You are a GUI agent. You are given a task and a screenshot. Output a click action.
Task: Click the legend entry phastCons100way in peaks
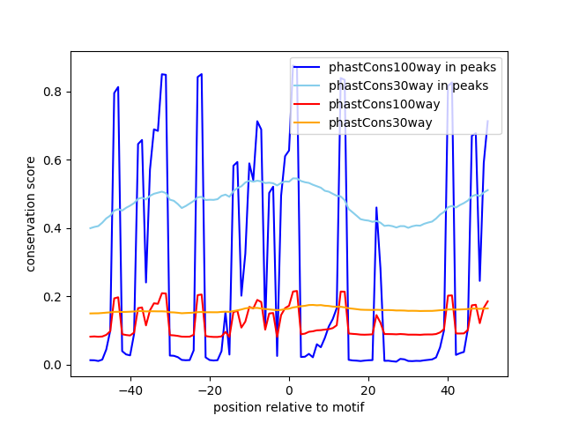click(412, 67)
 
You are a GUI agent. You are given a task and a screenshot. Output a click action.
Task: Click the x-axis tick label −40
click(130, 390)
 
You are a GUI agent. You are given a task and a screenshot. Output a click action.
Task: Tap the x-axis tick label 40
click(448, 390)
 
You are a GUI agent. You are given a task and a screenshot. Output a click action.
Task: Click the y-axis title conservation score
click(31, 214)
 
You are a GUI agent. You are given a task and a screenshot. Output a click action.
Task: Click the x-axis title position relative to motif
click(288, 407)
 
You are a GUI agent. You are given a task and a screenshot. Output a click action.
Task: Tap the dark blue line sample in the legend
click(310, 67)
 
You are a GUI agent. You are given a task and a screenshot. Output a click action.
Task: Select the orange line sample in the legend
click(310, 122)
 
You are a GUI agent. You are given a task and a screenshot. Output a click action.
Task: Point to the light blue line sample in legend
click(310, 85)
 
